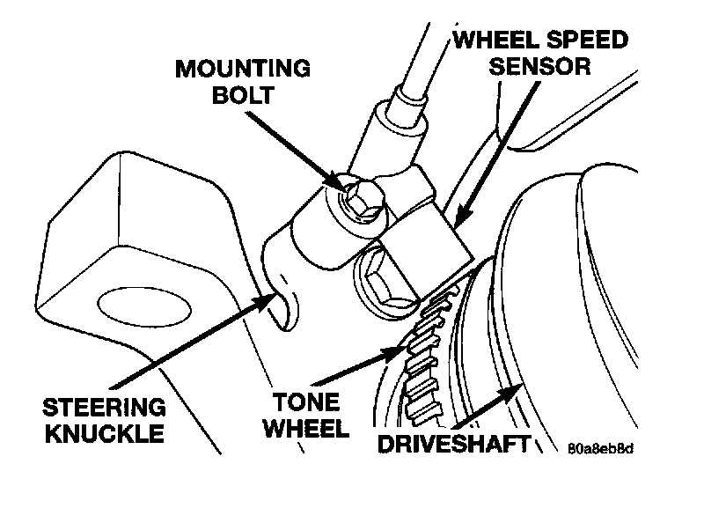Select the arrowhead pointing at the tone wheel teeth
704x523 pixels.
(393, 350)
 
